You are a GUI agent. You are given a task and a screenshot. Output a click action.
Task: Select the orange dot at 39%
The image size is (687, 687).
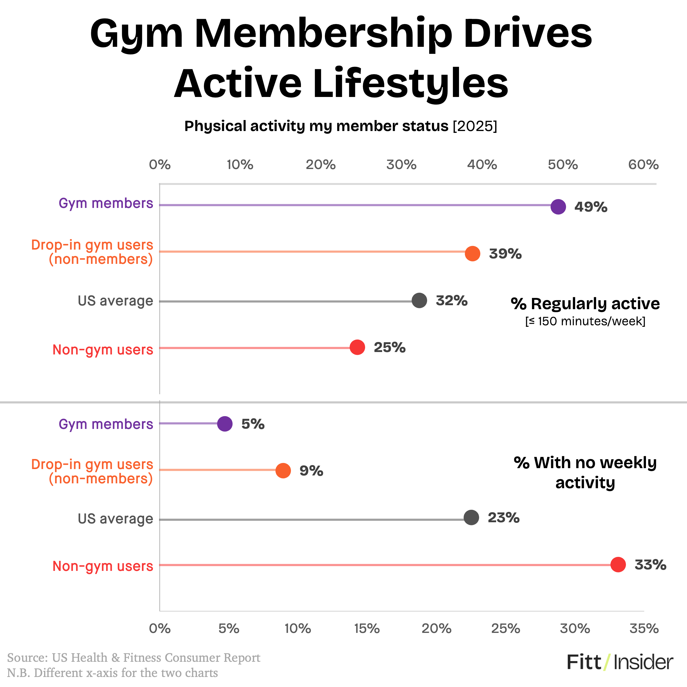pyautogui.click(x=472, y=254)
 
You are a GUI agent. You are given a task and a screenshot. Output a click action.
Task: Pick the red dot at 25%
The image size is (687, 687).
pyautogui.click(x=357, y=347)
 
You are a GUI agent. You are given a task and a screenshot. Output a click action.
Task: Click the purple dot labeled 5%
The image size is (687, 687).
pyautogui.click(x=225, y=424)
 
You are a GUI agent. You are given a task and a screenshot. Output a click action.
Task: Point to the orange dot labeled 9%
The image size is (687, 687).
pyautogui.click(x=283, y=471)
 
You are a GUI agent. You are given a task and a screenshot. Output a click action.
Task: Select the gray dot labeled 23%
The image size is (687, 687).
pyautogui.click(x=471, y=517)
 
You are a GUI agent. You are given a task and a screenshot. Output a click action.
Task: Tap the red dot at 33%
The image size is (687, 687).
pyautogui.click(x=618, y=565)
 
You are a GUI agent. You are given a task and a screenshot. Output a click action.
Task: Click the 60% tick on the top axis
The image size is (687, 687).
pyautogui.click(x=643, y=165)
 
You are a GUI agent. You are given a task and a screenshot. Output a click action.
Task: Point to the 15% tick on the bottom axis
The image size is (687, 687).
pyautogui.click(x=367, y=629)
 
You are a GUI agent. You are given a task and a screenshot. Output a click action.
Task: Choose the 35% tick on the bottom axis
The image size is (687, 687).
pyautogui.click(x=644, y=629)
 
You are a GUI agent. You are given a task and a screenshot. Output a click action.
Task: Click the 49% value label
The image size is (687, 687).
pyautogui.click(x=591, y=207)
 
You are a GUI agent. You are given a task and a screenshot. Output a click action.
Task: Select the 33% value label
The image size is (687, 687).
pyautogui.click(x=651, y=565)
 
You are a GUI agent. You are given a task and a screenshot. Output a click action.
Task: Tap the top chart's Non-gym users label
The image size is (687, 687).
pyautogui.click(x=103, y=350)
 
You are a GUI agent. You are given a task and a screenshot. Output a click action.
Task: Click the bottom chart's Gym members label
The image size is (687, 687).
pyautogui.click(x=105, y=424)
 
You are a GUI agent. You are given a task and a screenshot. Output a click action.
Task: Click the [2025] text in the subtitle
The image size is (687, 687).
pyautogui.click(x=475, y=126)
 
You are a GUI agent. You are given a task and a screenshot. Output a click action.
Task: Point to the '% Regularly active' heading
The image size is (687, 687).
pyautogui.click(x=585, y=304)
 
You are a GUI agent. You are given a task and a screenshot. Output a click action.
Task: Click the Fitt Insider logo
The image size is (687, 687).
pyautogui.click(x=620, y=662)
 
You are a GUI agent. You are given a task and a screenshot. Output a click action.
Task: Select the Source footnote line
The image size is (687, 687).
pyautogui.click(x=134, y=658)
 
